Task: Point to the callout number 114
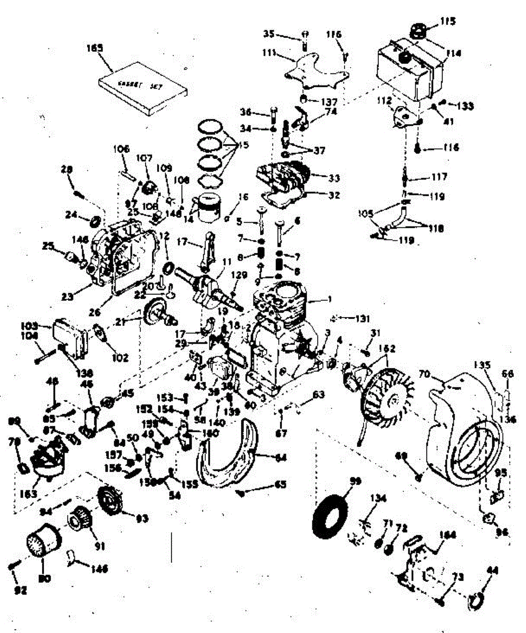pos(453,53)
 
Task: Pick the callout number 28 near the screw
pos(66,169)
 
